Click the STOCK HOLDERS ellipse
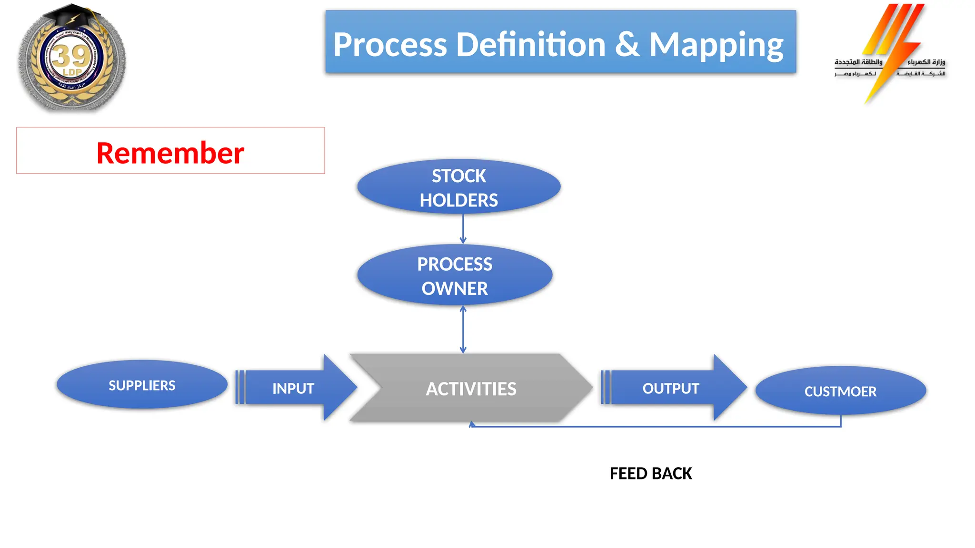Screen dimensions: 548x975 458,187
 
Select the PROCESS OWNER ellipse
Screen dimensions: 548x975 455,275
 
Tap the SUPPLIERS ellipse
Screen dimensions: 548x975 142,385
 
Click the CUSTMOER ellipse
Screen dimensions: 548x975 840,391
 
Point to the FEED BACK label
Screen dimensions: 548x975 650,473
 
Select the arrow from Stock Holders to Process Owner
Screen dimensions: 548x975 463,229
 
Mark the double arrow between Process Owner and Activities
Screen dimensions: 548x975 463,329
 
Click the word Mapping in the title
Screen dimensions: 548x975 716,45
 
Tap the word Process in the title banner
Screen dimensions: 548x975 390,45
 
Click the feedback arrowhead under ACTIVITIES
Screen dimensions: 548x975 471,424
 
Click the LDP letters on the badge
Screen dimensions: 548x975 72,72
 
